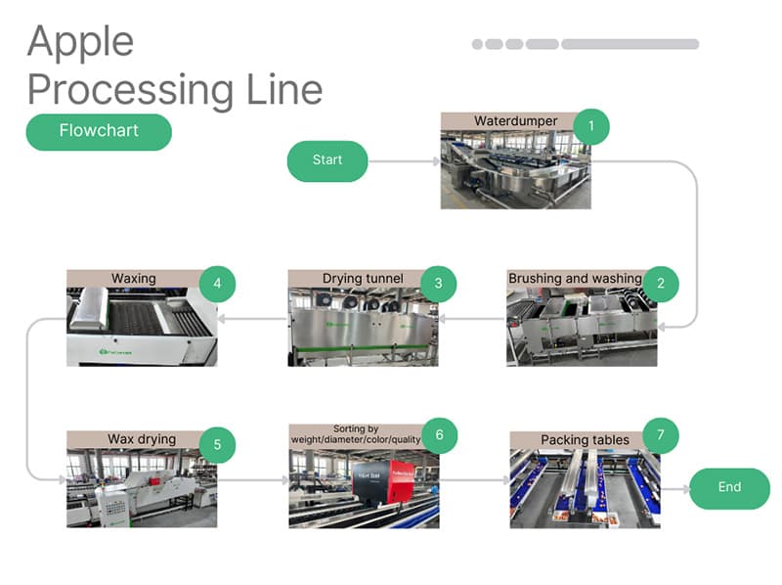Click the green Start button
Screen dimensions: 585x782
pyautogui.click(x=327, y=160)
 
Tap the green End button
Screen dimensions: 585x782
pyautogui.click(x=729, y=488)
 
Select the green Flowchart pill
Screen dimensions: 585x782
pyautogui.click(x=99, y=131)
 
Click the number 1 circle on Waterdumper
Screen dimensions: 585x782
pyautogui.click(x=590, y=126)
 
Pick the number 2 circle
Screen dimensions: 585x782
pyautogui.click(x=661, y=284)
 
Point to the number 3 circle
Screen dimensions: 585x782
pyautogui.click(x=439, y=284)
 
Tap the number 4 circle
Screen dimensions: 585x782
pyautogui.click(x=217, y=284)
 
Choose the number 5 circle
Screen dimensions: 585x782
pyautogui.click(x=217, y=444)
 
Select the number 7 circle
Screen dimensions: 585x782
pyautogui.click(x=661, y=435)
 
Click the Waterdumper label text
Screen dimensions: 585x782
pyautogui.click(x=515, y=121)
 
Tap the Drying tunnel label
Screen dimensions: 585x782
pyautogui.click(x=363, y=279)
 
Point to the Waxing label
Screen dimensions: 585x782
pyautogui.click(x=133, y=279)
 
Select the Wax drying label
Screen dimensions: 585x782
pyautogui.click(x=142, y=439)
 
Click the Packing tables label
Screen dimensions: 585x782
pyautogui.click(x=585, y=440)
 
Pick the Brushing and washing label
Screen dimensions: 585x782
pyautogui.click(x=575, y=279)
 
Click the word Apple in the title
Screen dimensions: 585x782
pyautogui.click(x=80, y=43)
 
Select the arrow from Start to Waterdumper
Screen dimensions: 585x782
pyautogui.click(x=404, y=160)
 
